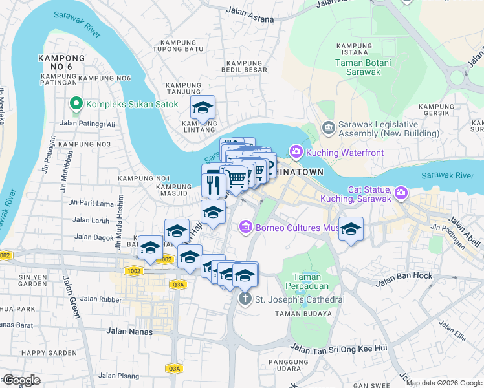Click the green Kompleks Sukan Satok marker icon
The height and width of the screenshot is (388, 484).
(76, 103)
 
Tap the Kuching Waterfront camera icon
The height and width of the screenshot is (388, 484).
(296, 152)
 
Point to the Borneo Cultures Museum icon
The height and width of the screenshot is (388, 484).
(245, 228)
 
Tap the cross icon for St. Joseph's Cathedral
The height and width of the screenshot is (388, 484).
(245, 299)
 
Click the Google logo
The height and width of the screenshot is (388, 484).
(21, 380)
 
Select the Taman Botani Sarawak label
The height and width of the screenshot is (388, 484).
(358, 67)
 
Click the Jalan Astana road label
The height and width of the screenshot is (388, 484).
(249, 10)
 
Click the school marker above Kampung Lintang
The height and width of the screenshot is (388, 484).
(204, 107)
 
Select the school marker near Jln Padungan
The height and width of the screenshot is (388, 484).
(351, 229)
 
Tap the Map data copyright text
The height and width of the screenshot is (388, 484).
(444, 383)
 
